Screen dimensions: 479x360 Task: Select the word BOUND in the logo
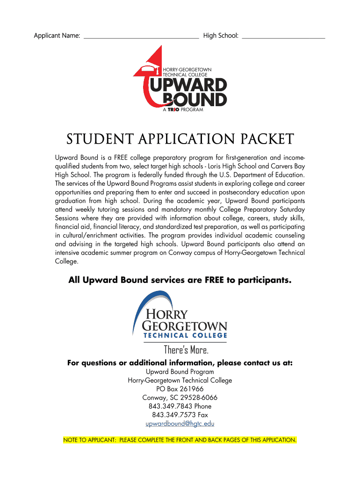click(x=195, y=99)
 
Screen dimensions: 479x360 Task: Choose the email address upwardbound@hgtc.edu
click(x=180, y=424)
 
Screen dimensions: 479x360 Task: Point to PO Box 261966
click(x=180, y=389)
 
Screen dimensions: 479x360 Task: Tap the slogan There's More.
click(x=186, y=350)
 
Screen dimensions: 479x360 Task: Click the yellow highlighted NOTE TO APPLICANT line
click(x=180, y=440)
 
